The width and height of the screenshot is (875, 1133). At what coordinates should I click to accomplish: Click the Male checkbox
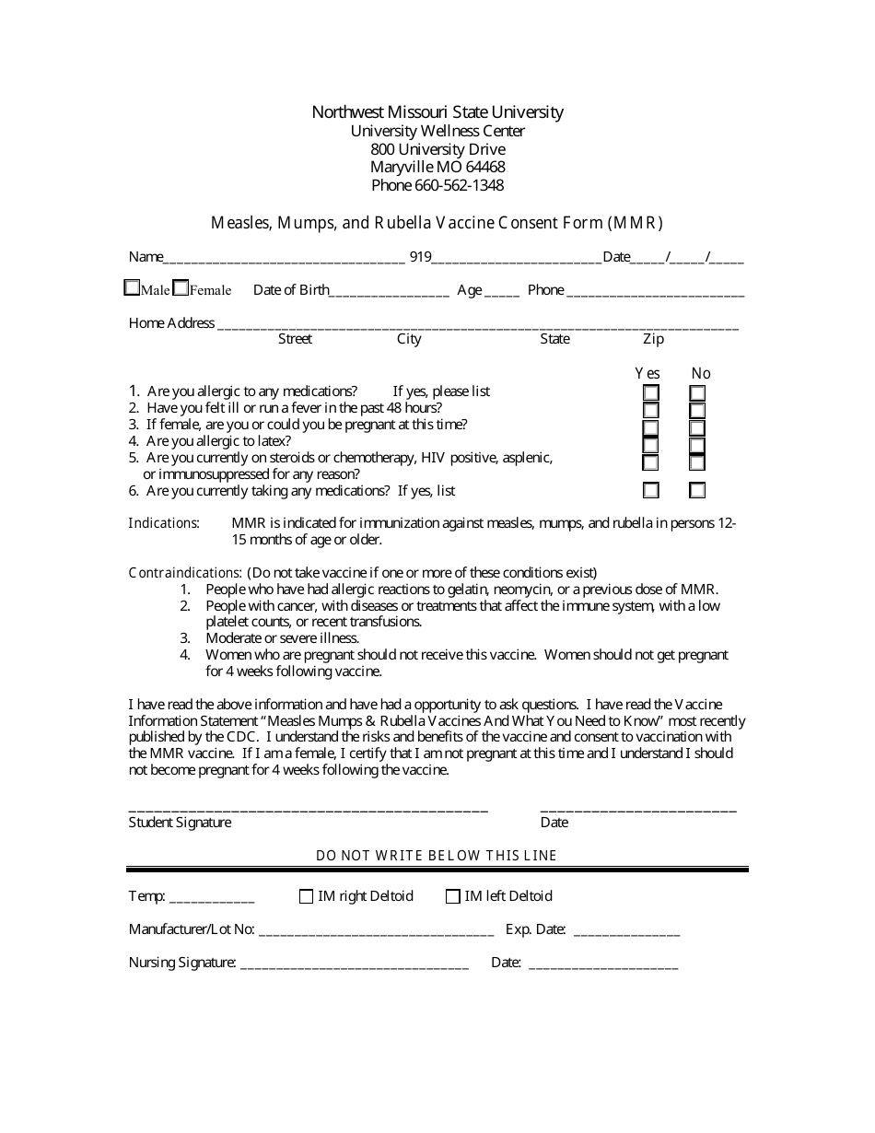coord(132,287)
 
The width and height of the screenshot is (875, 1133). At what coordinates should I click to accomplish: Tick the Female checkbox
coord(181,287)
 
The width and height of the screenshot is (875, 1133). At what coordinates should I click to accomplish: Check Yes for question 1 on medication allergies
coord(651,393)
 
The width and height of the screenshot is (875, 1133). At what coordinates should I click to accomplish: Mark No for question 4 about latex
coord(697,445)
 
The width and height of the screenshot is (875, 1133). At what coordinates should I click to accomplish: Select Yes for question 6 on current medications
coord(651,490)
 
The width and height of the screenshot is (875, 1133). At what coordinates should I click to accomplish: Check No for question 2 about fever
coord(697,411)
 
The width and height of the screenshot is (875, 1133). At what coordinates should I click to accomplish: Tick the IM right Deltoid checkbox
coord(307,896)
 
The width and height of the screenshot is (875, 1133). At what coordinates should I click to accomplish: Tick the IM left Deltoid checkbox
coord(453,896)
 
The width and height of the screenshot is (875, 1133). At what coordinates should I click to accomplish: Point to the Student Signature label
coord(180,823)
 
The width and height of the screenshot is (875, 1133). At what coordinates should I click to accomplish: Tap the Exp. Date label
coord(536,929)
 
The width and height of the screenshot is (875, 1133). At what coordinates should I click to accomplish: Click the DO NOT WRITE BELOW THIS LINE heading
coord(437,855)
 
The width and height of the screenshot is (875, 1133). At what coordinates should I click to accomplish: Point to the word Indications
coord(163,523)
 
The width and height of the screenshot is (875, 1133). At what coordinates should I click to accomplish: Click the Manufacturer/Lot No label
coord(192,929)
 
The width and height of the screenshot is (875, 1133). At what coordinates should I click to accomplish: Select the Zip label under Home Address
coord(653,339)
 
